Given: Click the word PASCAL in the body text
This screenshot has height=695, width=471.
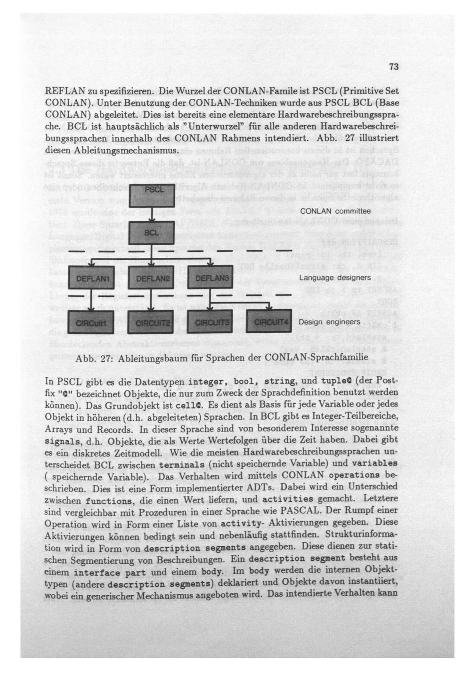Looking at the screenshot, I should click(x=301, y=511).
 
